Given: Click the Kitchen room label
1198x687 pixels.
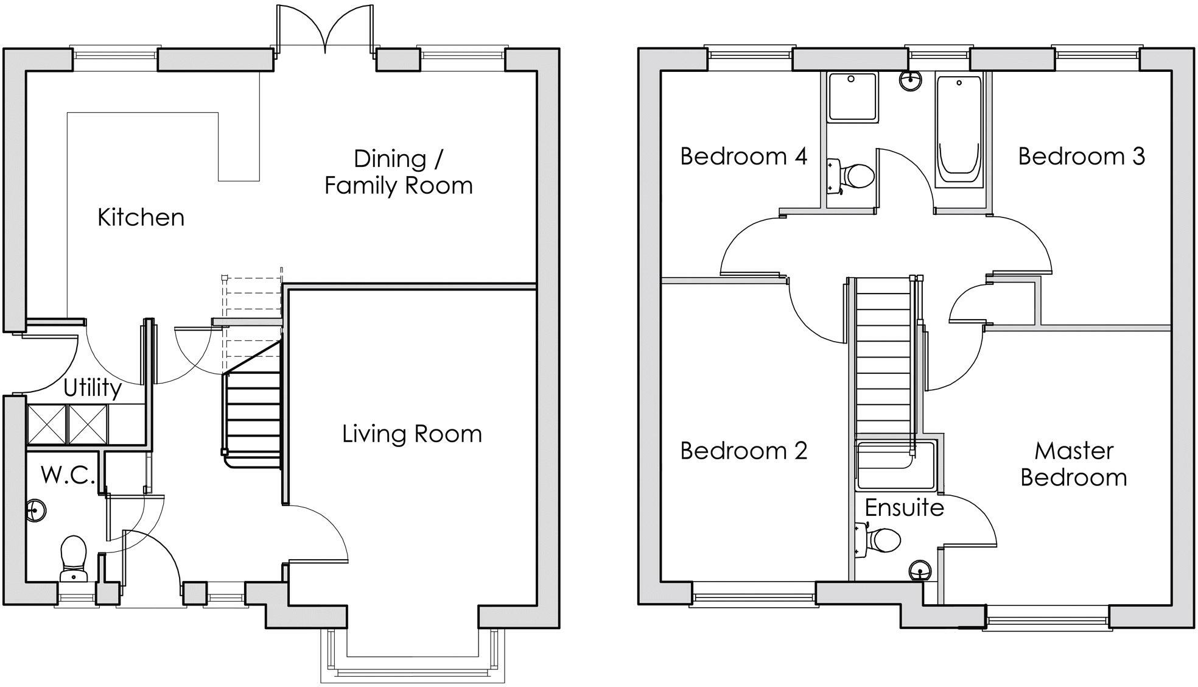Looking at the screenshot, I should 141,217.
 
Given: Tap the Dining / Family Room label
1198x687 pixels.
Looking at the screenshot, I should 398,172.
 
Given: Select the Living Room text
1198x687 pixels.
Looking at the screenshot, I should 412,434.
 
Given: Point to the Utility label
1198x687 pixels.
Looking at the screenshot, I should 92,387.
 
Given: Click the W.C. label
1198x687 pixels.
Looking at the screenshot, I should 68,475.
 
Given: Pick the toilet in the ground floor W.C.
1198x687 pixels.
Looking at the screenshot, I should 74,557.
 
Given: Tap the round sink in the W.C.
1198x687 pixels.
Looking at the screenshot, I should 36,510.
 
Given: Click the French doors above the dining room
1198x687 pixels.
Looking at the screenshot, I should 326,30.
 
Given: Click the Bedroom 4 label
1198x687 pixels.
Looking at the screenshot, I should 743,157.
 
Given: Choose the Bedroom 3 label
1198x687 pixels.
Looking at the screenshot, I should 1081,157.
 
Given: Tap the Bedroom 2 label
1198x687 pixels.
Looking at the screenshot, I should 743,451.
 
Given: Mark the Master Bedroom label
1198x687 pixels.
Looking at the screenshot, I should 1074,464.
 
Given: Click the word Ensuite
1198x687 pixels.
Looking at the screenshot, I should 904,507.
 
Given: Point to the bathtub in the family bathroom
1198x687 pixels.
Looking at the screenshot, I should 960,131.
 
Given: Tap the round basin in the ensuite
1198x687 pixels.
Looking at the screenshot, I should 920,571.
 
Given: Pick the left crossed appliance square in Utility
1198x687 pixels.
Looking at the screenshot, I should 47,424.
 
